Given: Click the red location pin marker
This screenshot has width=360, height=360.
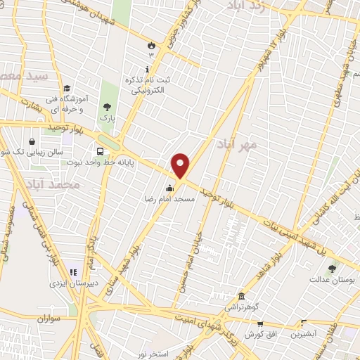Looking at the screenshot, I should coord(181,166).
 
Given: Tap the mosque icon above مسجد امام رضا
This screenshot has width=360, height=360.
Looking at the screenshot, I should coord(169,188).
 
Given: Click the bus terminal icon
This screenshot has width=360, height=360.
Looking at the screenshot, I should coord(101,150).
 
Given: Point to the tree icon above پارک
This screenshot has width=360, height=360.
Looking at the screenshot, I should coord(108,108).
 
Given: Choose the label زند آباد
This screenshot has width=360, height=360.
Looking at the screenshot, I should coord(247,6).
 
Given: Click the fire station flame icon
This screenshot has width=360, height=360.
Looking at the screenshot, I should coord(150,46).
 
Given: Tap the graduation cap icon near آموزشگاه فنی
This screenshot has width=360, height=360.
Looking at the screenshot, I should coord(66,89).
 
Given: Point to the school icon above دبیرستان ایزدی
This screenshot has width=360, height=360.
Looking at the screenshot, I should coord(72,272).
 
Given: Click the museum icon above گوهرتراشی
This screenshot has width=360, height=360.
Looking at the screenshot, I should coord(242,296).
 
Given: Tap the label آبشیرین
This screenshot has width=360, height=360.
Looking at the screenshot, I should coord(303,336).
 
